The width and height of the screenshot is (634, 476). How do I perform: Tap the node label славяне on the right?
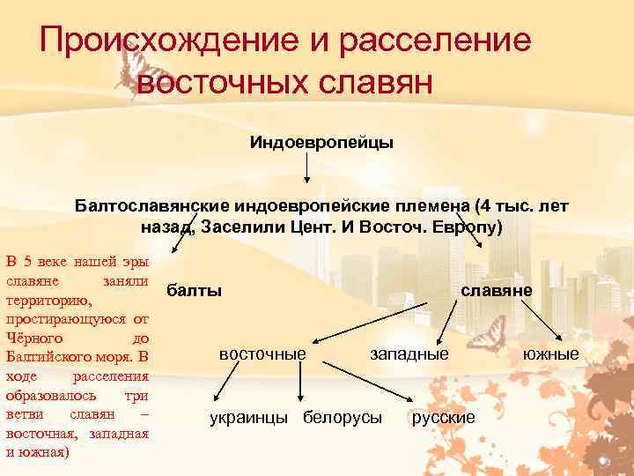(500, 290)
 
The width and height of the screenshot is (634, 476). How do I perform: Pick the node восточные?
(262, 353)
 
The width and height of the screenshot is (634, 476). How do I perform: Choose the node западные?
(409, 353)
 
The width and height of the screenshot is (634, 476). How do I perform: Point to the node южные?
(550, 353)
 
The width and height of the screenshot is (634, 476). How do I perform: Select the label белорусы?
(342, 417)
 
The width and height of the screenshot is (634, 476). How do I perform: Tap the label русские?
(443, 417)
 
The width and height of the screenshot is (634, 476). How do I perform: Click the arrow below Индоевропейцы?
(306, 167)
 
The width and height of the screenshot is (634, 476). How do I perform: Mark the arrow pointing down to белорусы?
(302, 385)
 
